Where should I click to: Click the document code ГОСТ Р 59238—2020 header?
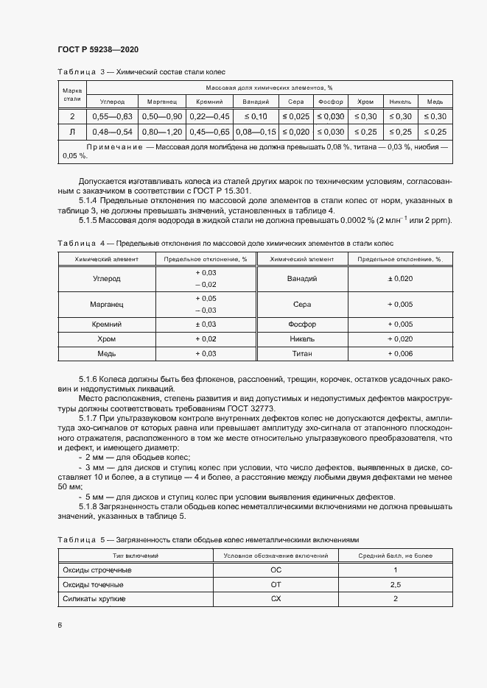tap(97, 49)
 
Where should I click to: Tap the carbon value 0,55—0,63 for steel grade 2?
tap(111, 117)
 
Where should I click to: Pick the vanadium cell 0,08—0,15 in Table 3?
tap(256, 132)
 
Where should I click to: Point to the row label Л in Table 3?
tap(72, 132)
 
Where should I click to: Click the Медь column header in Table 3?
tap(435, 102)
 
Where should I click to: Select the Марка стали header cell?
tap(72, 94)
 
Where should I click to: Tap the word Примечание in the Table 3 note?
tap(114, 148)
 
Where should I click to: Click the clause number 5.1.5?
tap(90, 221)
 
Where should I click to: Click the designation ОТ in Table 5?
tap(276, 585)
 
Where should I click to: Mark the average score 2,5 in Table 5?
tap(395, 585)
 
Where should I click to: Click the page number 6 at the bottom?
tap(60, 625)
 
